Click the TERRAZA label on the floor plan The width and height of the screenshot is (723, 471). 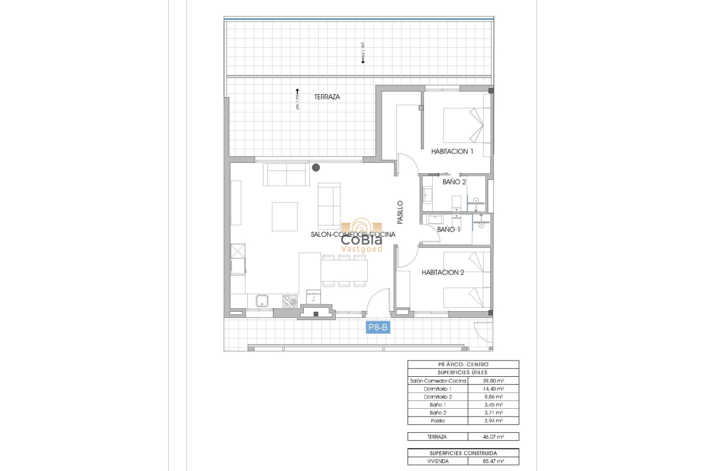click(x=327, y=96)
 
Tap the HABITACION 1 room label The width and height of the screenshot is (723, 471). click(x=452, y=151)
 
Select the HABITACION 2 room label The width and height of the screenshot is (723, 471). click(x=443, y=273)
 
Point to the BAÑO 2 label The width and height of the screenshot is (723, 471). click(x=454, y=182)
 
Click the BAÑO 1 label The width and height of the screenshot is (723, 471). click(x=448, y=229)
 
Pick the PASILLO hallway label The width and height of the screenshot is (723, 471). click(x=400, y=213)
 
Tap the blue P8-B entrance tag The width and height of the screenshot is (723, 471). click(x=378, y=327)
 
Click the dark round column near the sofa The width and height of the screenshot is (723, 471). click(x=316, y=167)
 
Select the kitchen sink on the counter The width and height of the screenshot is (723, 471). click(x=262, y=301)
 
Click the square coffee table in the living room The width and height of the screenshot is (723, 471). click(x=285, y=216)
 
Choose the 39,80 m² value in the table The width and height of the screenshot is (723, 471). click(x=493, y=380)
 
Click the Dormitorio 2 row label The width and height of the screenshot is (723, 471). click(x=438, y=396)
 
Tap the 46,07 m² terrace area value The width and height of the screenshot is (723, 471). click(x=493, y=436)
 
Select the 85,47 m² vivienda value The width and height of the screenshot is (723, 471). click(x=493, y=461)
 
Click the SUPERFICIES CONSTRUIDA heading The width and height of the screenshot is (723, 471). click(x=463, y=453)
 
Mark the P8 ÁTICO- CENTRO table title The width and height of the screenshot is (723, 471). click(x=463, y=364)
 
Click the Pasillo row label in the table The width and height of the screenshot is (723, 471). click(x=438, y=421)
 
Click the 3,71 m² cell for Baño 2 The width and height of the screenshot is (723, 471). click(x=493, y=413)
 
